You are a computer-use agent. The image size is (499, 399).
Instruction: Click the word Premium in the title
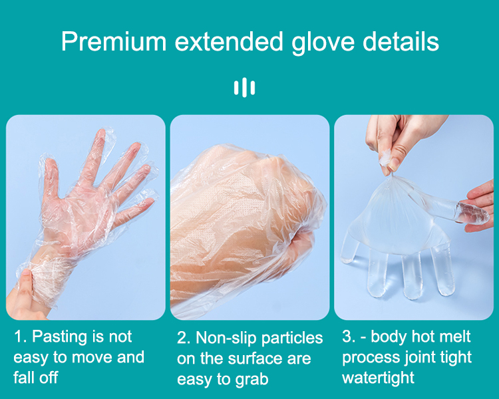[x=114, y=41]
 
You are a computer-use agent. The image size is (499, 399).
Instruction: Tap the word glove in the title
[x=323, y=43]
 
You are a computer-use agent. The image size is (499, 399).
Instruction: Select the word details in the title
[x=401, y=41]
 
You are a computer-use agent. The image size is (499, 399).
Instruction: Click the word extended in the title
[x=229, y=41]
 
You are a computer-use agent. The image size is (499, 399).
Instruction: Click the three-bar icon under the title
[x=244, y=87]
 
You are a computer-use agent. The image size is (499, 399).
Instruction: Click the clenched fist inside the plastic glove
[x=248, y=203]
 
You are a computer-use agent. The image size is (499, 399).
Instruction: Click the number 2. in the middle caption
[x=184, y=338]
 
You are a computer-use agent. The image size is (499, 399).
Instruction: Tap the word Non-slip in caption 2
[x=226, y=338]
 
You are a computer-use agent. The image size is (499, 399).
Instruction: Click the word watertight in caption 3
[x=378, y=378]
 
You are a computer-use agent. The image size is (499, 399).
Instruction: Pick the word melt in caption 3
[x=456, y=336]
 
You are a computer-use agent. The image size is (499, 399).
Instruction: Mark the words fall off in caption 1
[x=36, y=377]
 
